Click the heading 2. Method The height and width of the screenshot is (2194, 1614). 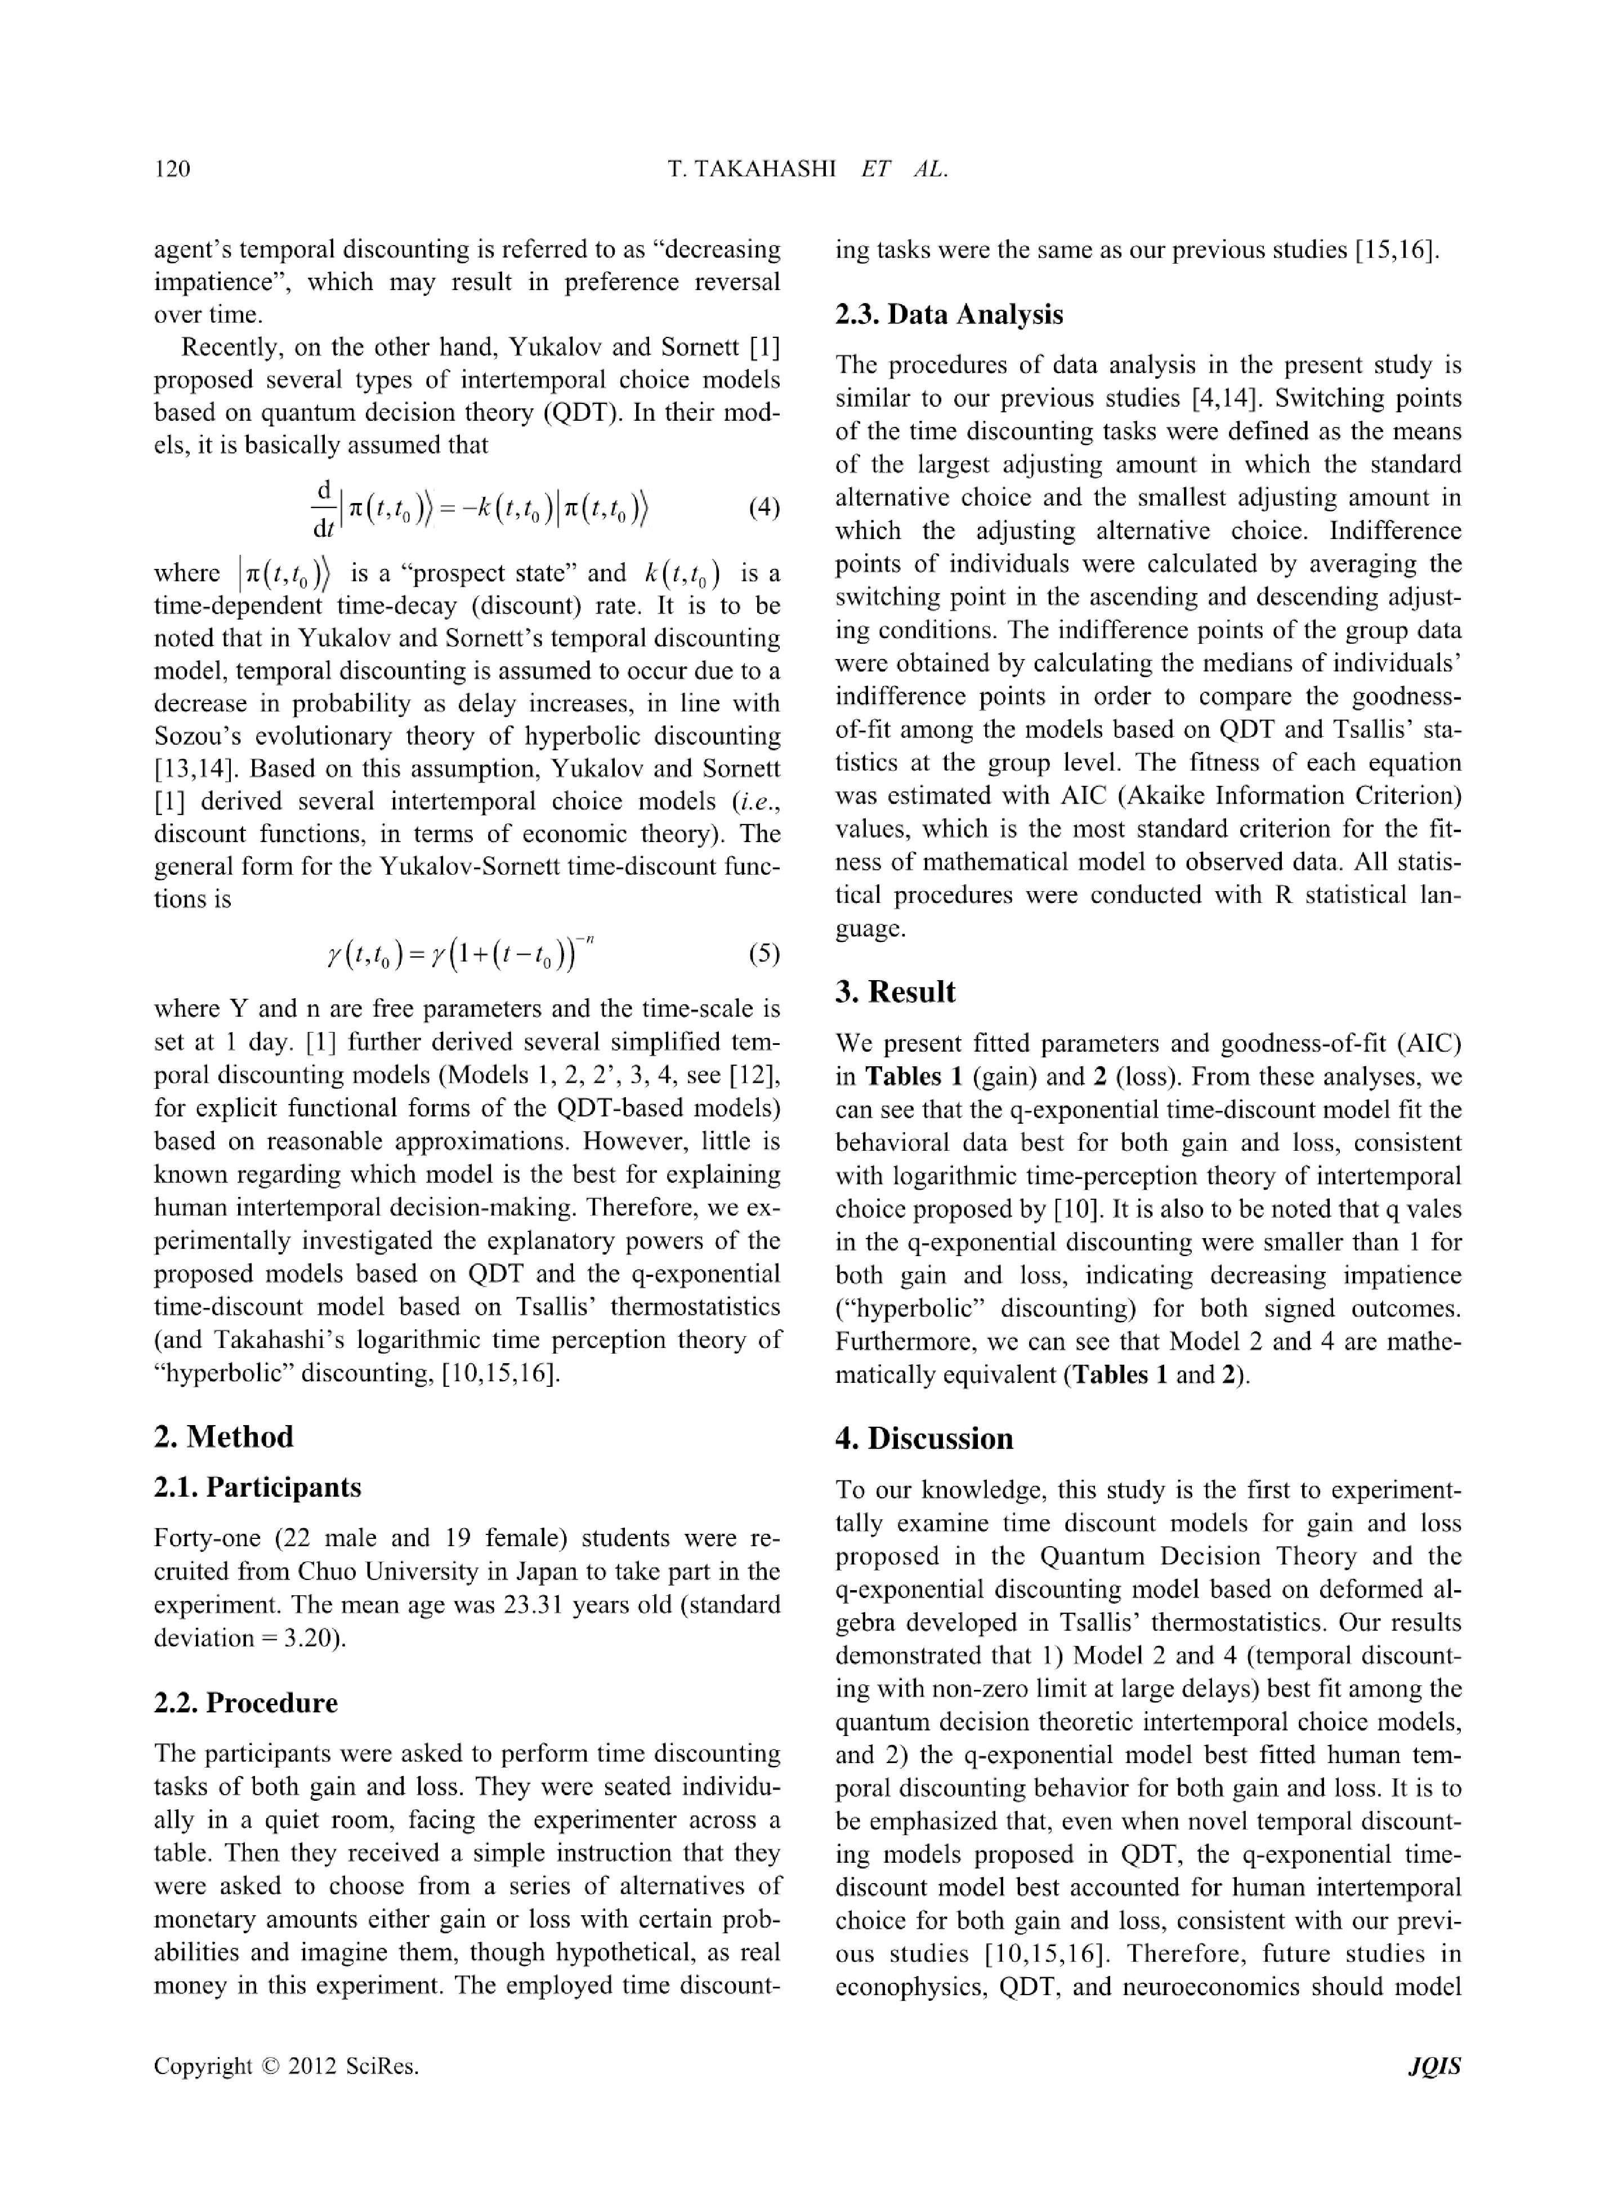coord(223,1436)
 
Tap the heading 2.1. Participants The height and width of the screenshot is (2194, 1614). coord(258,1488)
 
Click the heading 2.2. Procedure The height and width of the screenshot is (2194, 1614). coord(246,1702)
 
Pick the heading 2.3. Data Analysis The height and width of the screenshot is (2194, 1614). coord(949,315)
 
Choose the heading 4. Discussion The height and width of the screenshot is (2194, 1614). coord(924,1439)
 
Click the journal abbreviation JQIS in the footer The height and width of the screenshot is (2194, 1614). coord(1434,2066)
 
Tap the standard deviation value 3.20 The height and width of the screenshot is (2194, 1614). coord(308,1638)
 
